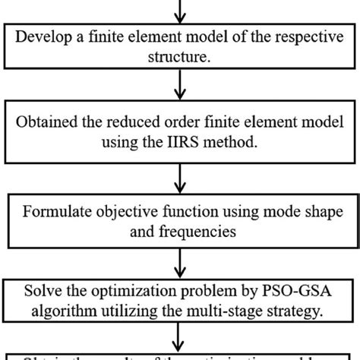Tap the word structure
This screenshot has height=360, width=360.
pyautogui.click(x=179, y=55)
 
